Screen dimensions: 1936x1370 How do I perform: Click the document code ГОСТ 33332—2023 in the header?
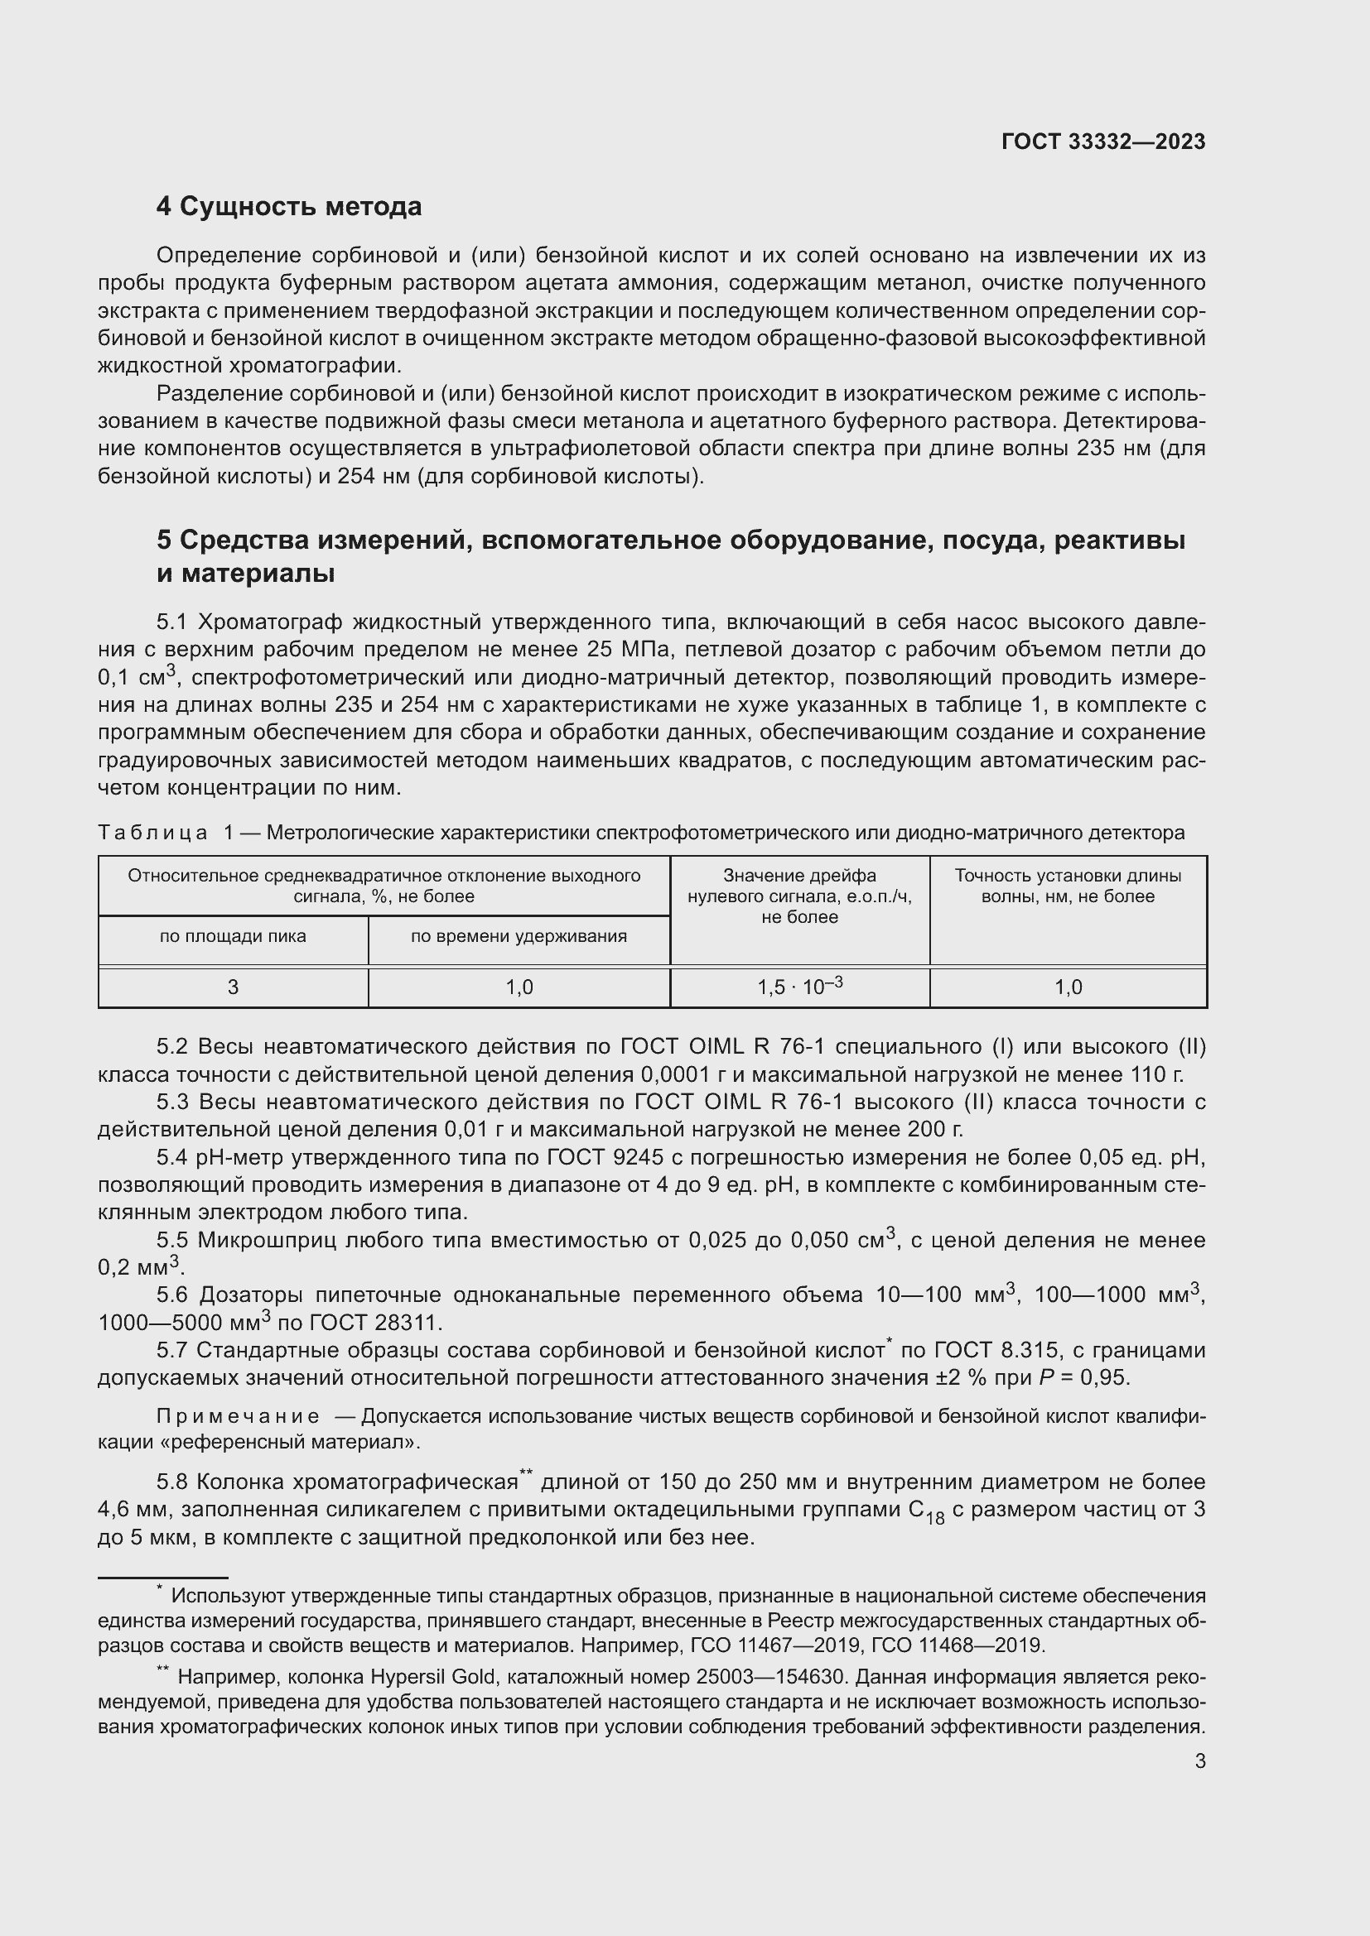pos(1102,142)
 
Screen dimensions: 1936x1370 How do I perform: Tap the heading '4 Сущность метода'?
pos(288,207)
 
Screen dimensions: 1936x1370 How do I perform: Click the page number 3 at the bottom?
pos(1199,1761)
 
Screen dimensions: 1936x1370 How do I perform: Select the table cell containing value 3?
pos(233,987)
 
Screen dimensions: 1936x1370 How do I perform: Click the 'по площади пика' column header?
pos(233,936)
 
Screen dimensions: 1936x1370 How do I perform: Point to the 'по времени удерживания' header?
pos(519,936)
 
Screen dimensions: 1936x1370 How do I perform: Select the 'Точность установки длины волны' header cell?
pos(1067,886)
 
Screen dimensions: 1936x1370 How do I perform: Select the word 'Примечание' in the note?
pos(238,1415)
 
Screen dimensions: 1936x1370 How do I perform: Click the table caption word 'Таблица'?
pos(152,833)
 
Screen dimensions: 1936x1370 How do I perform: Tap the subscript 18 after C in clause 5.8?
pos(934,1520)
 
